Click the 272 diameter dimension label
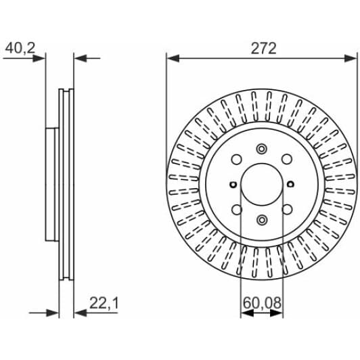[x=264, y=49]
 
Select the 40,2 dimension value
[x=20, y=48]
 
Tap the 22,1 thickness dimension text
[x=104, y=303]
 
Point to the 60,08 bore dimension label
[x=262, y=303]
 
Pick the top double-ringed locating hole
[x=262, y=149]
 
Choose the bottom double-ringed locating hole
[x=262, y=220]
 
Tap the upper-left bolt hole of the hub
[x=236, y=159]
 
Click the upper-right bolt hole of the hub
[x=287, y=159]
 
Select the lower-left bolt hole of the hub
[x=236, y=209]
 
